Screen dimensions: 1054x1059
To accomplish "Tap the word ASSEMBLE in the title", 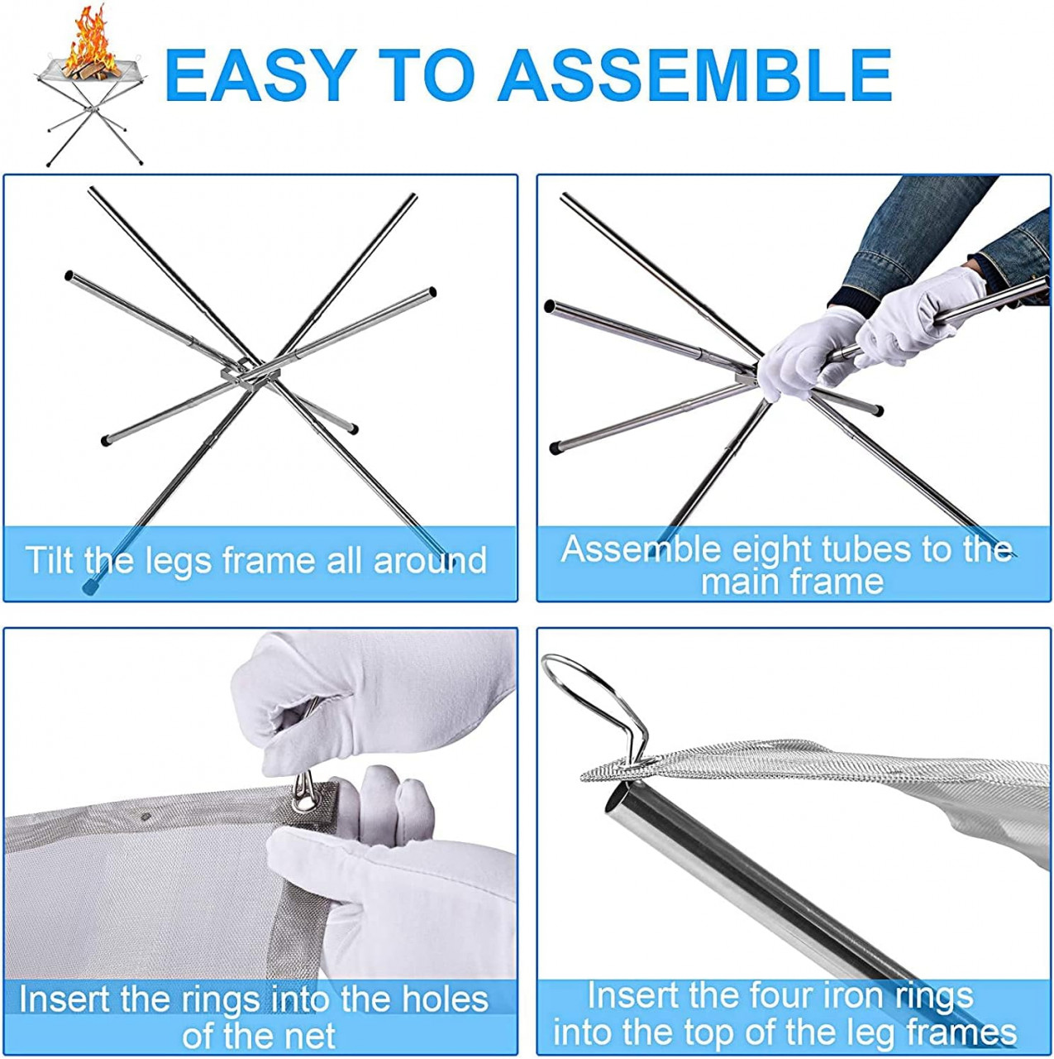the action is coord(694,75).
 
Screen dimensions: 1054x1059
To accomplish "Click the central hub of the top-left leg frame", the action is coord(250,376).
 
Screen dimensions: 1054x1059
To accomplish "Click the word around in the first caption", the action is coord(430,561).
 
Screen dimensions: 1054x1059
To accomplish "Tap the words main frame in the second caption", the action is coord(792,582).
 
